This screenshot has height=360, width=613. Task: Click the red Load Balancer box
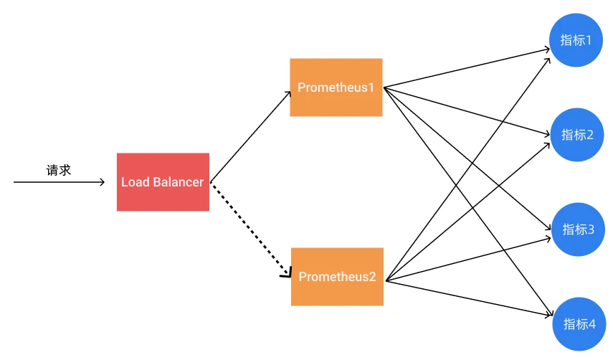tap(163, 181)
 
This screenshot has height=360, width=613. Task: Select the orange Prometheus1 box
tap(336, 87)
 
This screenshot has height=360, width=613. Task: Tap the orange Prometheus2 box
tap(337, 276)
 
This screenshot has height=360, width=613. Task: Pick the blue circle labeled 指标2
tap(577, 135)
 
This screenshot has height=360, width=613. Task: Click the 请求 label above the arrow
tap(59, 171)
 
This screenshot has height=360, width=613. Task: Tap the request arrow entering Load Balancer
tap(57, 182)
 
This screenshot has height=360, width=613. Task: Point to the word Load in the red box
tap(133, 182)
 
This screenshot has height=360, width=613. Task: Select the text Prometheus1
tap(336, 88)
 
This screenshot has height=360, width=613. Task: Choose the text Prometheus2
tap(337, 277)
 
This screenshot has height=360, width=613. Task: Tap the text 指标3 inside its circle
tap(579, 229)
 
